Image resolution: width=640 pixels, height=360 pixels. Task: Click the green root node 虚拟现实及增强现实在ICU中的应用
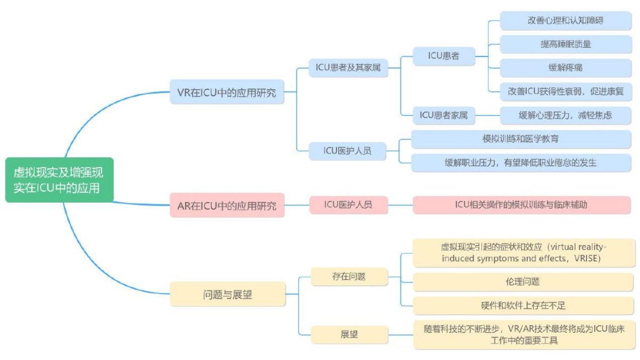pos(59,180)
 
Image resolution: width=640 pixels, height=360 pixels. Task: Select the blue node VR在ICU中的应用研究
pos(227,92)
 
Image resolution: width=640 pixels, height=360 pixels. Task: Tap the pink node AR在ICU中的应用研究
pos(227,205)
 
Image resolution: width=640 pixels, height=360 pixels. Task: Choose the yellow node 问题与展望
pos(227,295)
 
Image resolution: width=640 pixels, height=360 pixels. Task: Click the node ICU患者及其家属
pos(348,67)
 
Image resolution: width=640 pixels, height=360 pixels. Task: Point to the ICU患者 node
pos(443,56)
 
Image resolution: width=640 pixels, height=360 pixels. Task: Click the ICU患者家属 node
pos(443,115)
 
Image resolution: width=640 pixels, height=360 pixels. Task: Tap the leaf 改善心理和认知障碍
pos(566,21)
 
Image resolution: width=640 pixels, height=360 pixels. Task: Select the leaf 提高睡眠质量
pos(566,44)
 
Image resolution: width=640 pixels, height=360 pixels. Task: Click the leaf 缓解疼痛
pos(566,68)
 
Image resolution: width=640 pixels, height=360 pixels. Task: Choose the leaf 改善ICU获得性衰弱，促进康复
pos(566,92)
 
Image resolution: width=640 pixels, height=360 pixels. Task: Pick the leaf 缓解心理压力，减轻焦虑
pos(566,115)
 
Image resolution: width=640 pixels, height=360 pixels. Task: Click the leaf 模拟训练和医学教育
pos(521,139)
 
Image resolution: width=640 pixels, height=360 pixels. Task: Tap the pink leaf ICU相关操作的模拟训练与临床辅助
pos(521,205)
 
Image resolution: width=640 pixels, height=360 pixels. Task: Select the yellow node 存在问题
pos(349,276)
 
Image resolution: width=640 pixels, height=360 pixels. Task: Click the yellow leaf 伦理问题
pos(523,282)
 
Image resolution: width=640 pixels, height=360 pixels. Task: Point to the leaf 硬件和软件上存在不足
pos(523,306)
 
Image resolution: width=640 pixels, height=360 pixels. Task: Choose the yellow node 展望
pos(349,334)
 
